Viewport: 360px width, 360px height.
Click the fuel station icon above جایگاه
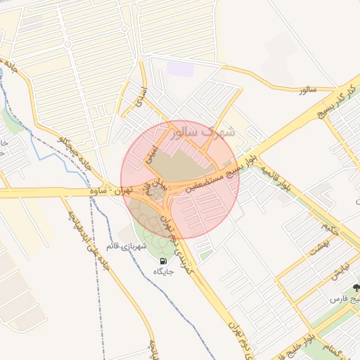(x=163, y=260)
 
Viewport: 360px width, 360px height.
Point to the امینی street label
(x=151, y=154)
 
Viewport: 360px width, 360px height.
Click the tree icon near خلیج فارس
(x=356, y=288)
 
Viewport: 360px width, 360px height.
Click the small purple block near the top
(x=180, y=69)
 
